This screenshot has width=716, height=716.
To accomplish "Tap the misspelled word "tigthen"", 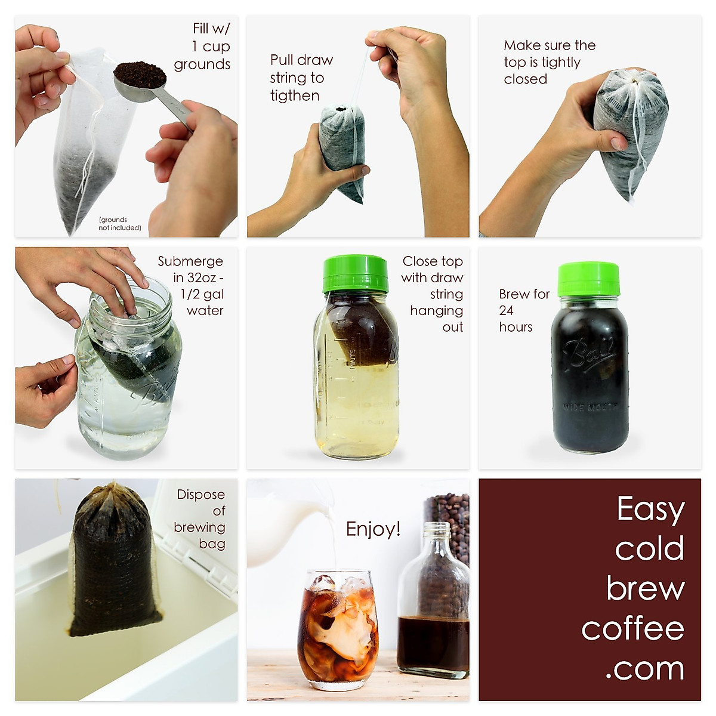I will point(295,96).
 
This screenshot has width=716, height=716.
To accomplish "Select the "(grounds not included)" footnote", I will point(120,224).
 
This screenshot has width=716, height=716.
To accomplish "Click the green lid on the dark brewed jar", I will point(588,279).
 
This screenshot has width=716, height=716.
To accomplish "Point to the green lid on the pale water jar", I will point(356,274).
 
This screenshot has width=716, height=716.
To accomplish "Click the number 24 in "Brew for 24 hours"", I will point(506,310).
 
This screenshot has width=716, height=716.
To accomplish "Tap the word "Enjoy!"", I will point(373,529).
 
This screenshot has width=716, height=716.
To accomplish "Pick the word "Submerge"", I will point(190,261).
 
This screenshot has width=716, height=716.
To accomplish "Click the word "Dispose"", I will point(200,495).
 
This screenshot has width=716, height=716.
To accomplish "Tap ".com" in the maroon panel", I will point(645,668).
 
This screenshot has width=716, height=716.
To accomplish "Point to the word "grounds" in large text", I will point(202,64).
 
